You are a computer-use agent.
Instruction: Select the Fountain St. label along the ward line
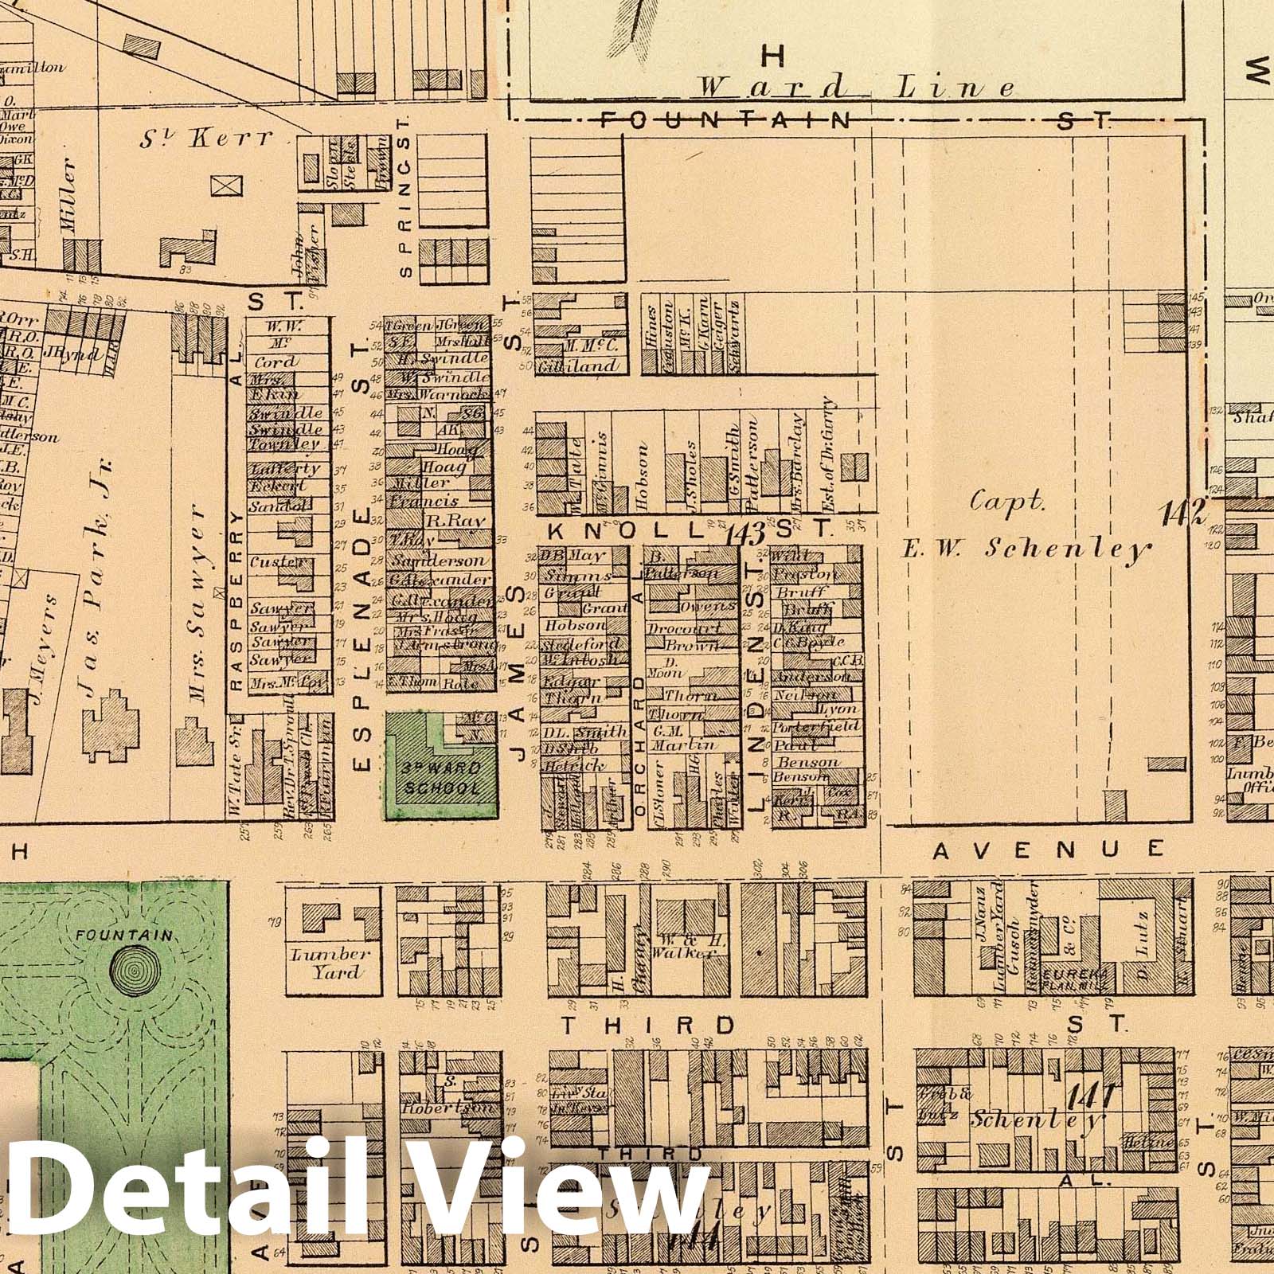pyautogui.click(x=852, y=120)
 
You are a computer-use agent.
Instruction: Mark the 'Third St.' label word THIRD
pyautogui.click(x=648, y=1025)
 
